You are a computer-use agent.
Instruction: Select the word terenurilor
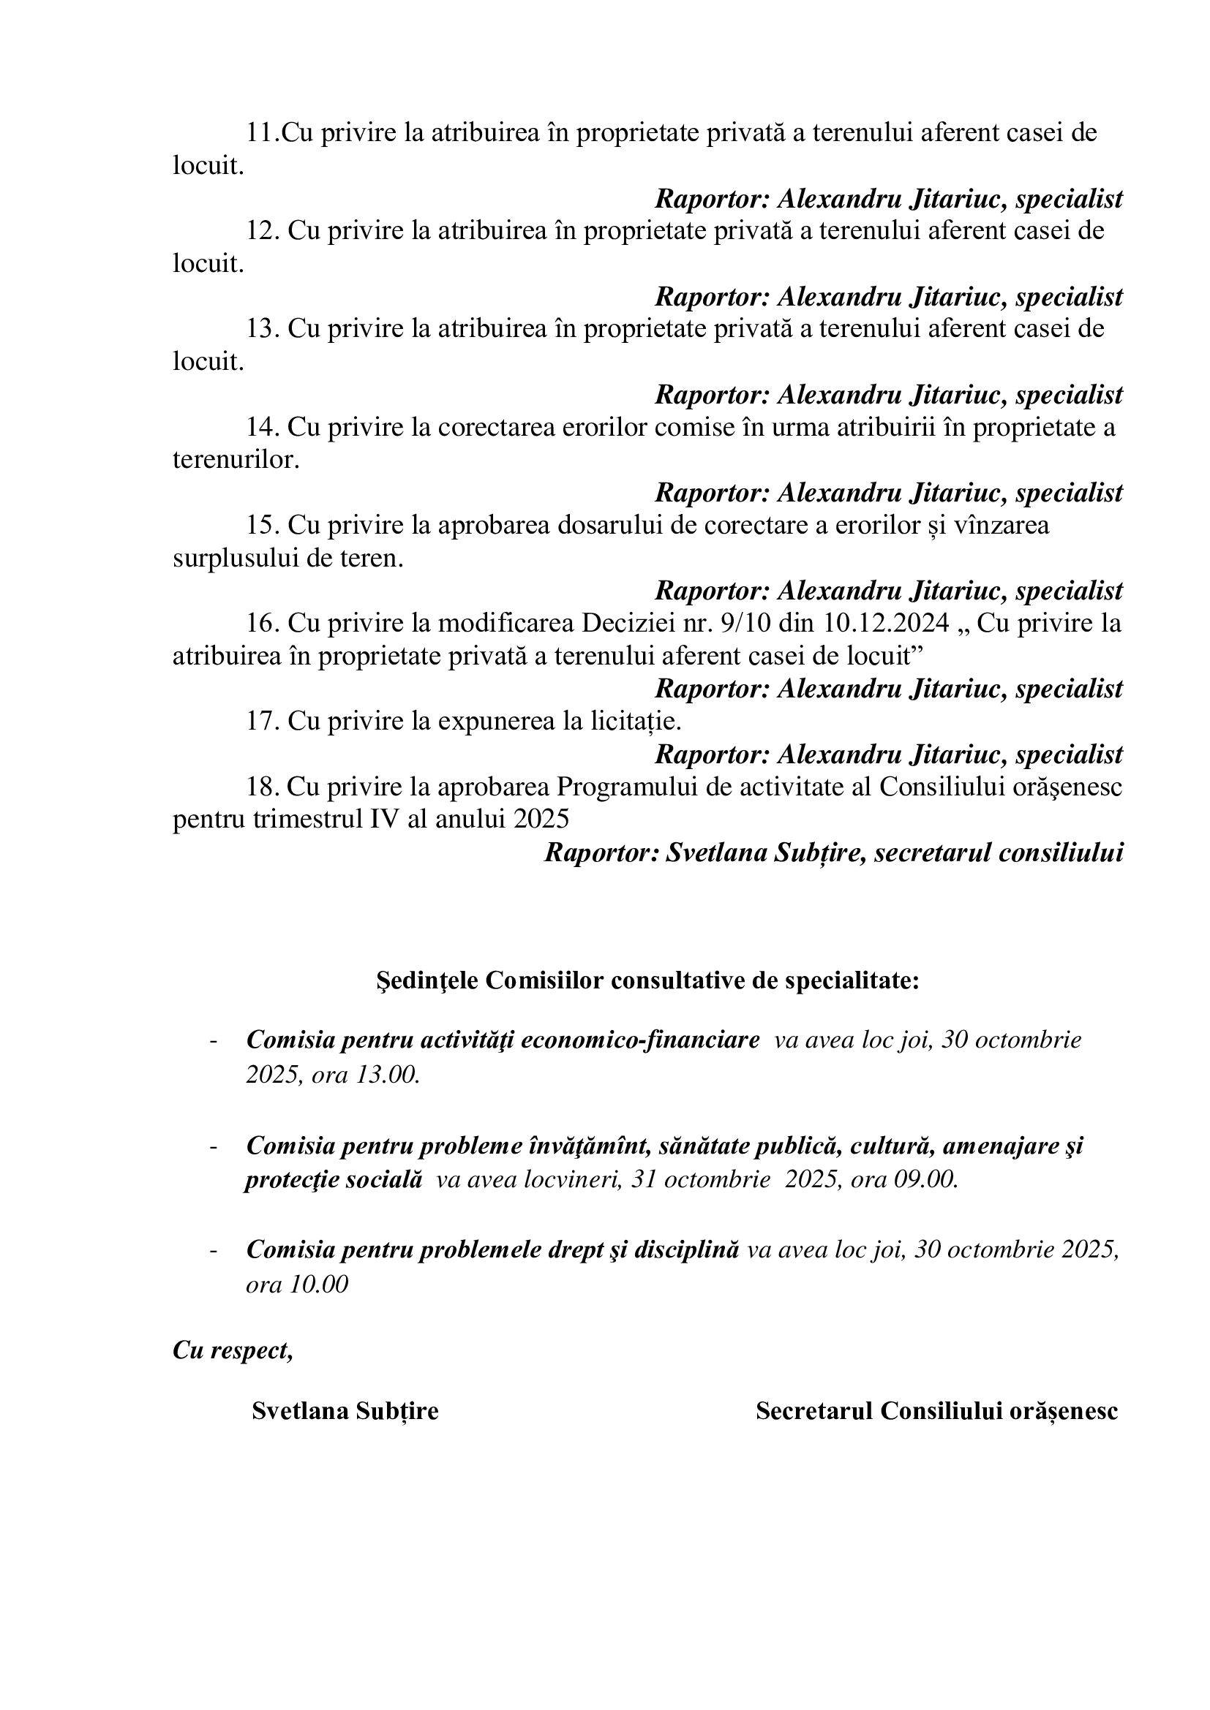[235, 461]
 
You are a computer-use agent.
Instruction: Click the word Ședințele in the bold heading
[428, 981]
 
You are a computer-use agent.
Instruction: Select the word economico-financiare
[640, 1040]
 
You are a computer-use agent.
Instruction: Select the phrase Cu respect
[232, 1350]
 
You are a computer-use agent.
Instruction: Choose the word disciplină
[686, 1249]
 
